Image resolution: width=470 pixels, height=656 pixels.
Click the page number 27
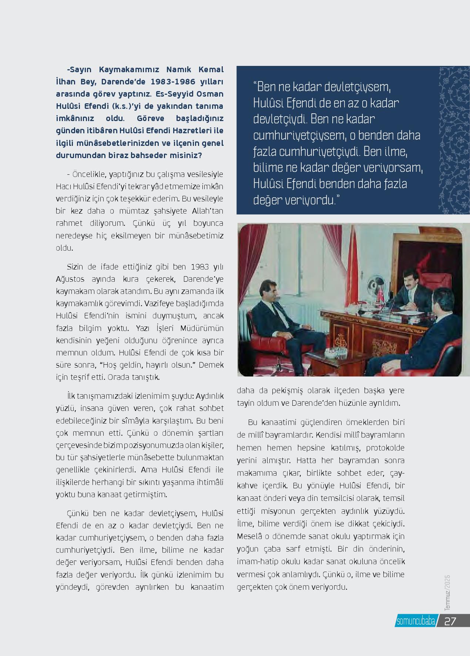coord(450,621)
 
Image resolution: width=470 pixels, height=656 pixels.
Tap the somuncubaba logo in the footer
coord(415,621)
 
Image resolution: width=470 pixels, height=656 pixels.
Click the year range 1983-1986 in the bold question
coord(166,81)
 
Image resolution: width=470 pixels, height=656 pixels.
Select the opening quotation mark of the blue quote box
coord(255,87)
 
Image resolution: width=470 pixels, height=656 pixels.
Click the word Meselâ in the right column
coord(249,536)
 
